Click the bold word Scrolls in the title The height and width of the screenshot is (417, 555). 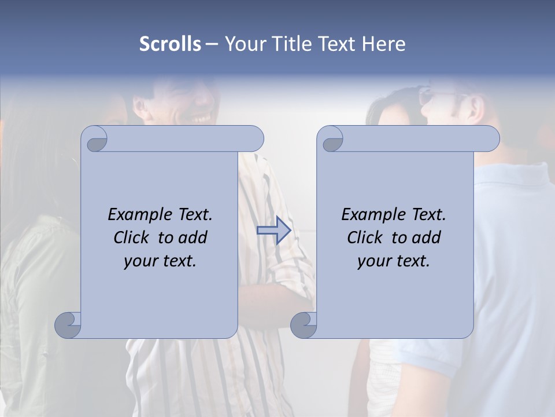point(170,44)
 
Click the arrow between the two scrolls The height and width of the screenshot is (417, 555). point(273,231)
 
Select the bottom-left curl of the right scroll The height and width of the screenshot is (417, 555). point(304,324)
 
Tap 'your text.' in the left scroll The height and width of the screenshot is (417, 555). point(160,261)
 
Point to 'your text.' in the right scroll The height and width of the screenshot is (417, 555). point(394,261)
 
